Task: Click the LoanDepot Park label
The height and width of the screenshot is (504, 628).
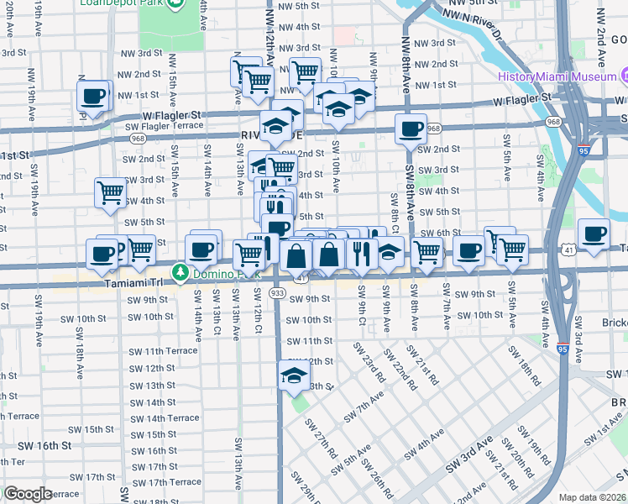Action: pyautogui.click(x=121, y=3)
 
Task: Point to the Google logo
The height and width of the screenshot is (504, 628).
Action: pyautogui.click(x=28, y=494)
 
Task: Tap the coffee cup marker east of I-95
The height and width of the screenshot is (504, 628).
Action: pyautogui.click(x=594, y=233)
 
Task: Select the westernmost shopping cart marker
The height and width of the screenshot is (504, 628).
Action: pyautogui.click(x=111, y=192)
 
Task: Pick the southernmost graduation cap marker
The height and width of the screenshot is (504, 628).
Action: pyautogui.click(x=294, y=375)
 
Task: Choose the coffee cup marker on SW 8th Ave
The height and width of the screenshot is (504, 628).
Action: pyautogui.click(x=411, y=129)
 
